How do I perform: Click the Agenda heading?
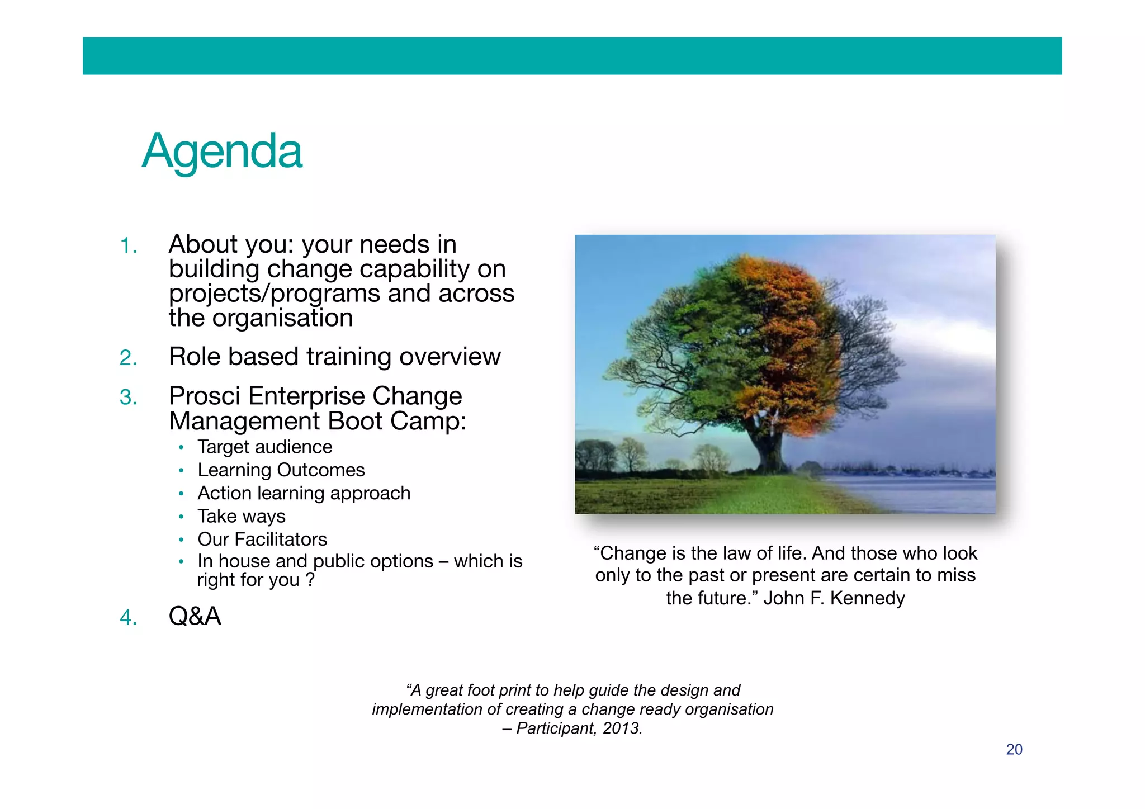pos(222,151)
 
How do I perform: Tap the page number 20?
pos(1014,749)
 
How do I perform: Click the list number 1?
pos(128,246)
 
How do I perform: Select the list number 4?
pos(128,618)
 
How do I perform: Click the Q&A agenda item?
pos(195,616)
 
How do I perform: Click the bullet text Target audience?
pos(264,447)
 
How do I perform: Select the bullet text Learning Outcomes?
pos(281,470)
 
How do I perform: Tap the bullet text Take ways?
pos(241,516)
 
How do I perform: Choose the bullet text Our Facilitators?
pos(262,539)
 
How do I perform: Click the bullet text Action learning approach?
pos(304,493)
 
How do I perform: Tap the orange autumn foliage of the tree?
pos(794,335)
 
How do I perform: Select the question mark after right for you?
pos(310,580)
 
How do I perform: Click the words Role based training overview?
pos(334,357)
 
